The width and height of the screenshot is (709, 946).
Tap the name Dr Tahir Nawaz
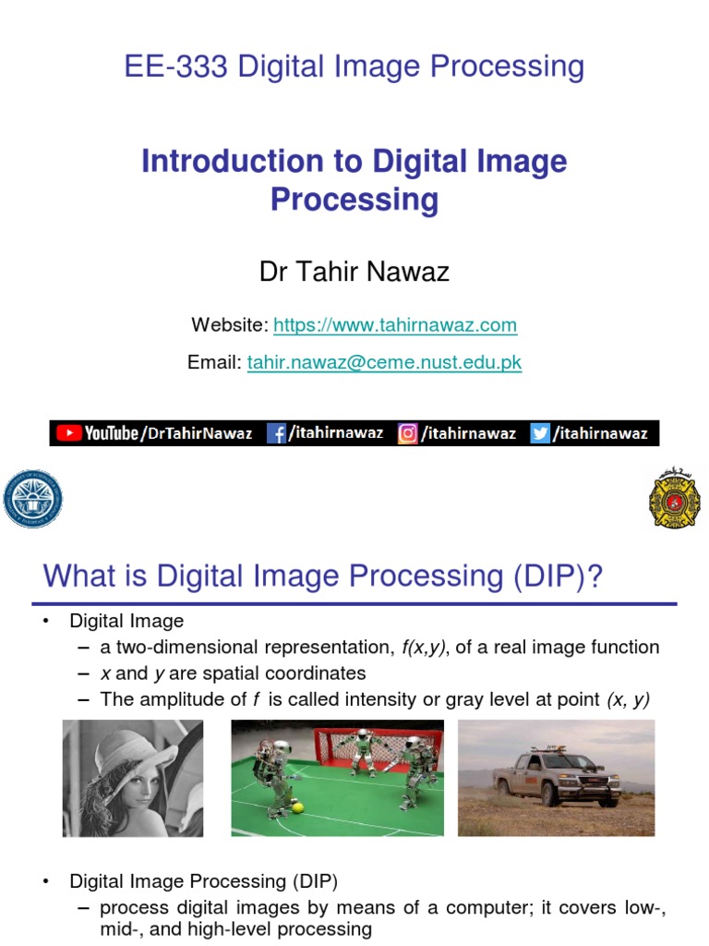354,272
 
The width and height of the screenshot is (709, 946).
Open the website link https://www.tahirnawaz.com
395,325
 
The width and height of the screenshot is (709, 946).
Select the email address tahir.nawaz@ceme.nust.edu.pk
384,363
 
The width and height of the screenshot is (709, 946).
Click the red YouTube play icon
68,432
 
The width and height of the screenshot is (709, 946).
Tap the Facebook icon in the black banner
276,433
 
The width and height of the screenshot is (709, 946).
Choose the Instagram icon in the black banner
407,433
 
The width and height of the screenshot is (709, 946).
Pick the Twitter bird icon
540,433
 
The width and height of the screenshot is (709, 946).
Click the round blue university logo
33,498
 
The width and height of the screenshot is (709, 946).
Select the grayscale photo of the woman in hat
133,778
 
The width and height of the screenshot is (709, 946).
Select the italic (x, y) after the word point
628,699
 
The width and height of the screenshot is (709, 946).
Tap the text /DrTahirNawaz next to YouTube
197,433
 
